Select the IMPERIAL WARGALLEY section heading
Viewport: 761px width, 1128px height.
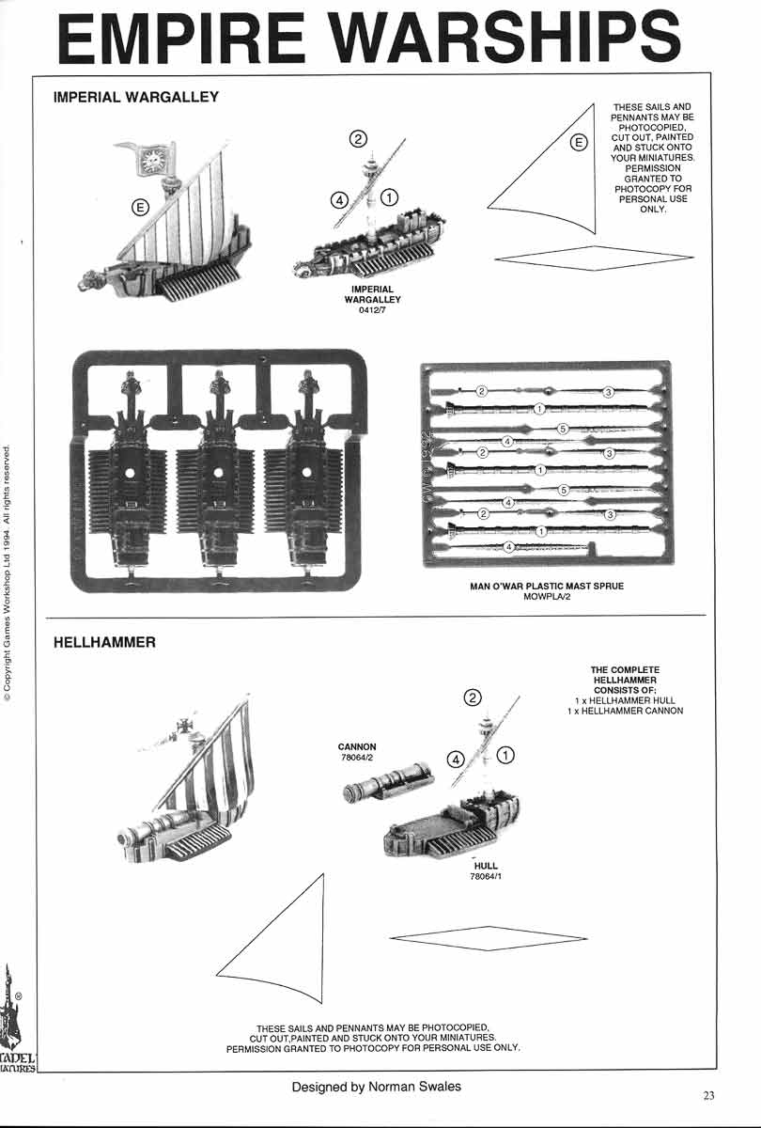click(x=136, y=97)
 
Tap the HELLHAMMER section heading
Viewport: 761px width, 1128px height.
click(x=104, y=643)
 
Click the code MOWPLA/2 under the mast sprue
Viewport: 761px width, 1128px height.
click(x=547, y=597)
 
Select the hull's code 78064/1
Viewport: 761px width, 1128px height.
click(x=486, y=877)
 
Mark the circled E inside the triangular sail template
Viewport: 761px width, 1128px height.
click(x=579, y=143)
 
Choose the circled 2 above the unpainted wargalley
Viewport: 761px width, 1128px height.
click(x=358, y=140)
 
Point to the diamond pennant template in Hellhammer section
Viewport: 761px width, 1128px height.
click(x=488, y=937)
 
